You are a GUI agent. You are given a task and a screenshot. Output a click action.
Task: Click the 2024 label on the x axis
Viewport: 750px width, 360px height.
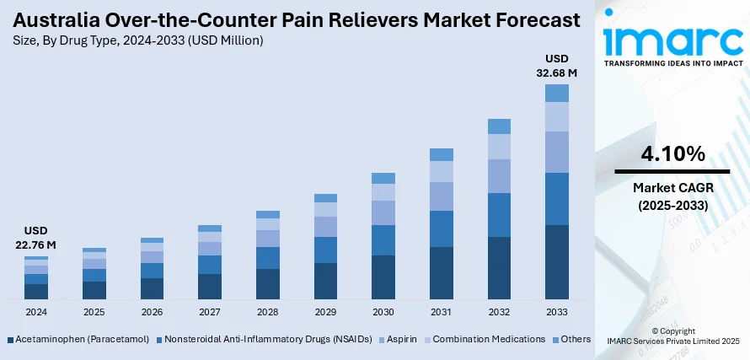[x=36, y=311]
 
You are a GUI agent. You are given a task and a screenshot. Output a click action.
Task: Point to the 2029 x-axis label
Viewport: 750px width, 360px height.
[x=325, y=311]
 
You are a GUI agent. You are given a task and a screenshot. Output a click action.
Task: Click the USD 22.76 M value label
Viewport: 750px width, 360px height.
[x=36, y=239]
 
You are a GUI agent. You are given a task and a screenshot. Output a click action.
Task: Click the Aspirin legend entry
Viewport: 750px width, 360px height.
[x=401, y=339]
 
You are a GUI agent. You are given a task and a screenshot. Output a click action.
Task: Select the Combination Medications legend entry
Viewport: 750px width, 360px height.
[x=489, y=339]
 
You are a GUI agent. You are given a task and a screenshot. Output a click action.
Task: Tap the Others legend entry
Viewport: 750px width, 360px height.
[x=575, y=339]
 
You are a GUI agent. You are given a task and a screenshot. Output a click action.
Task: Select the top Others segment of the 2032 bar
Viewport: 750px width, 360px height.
[x=500, y=126]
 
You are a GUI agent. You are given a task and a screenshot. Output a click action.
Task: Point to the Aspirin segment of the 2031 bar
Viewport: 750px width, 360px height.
[x=442, y=196]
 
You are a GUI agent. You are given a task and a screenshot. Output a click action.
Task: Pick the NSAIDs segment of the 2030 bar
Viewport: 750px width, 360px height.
[x=383, y=240]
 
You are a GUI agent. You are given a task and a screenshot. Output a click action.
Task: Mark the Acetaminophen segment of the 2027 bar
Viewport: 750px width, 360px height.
[x=210, y=287]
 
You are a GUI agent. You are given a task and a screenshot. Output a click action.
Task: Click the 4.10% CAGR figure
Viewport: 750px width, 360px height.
[x=672, y=153]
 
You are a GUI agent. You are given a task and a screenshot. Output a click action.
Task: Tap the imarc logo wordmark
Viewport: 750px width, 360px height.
[x=672, y=40]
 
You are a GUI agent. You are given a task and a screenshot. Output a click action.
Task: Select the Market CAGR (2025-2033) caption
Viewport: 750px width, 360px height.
[x=672, y=196]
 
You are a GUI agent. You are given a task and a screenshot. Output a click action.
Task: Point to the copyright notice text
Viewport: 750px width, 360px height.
[x=672, y=336]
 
